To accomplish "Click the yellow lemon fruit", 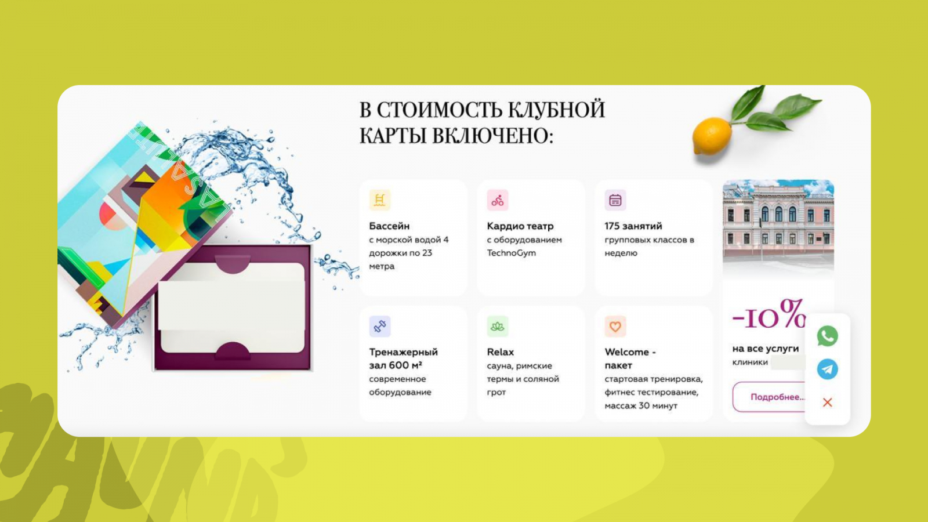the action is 712,136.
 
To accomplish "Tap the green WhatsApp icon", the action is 827,336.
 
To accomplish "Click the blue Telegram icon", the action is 827,369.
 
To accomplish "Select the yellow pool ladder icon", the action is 379,200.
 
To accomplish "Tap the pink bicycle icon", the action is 497,200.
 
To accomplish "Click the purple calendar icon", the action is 615,200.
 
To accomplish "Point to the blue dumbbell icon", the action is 379,327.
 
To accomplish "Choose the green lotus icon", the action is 497,327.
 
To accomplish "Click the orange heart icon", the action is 615,327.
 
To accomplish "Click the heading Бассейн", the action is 389,226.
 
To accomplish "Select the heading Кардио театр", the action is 520,226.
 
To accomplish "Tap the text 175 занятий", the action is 633,226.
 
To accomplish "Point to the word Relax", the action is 500,352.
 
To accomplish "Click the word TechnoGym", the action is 511,253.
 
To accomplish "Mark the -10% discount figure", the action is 769,315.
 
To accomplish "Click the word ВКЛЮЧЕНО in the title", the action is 492,136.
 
